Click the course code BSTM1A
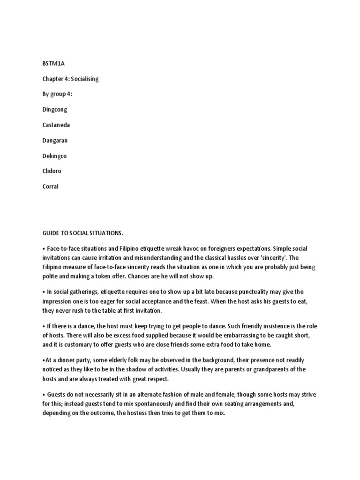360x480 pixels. (x=51, y=64)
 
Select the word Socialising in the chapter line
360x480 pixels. (x=85, y=79)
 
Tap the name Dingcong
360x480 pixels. (x=55, y=109)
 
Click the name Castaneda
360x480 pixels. (x=56, y=125)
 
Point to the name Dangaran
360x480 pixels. (x=55, y=140)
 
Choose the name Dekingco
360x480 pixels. (x=55, y=156)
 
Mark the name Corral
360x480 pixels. (x=51, y=186)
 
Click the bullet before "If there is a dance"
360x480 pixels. (x=44, y=325)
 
